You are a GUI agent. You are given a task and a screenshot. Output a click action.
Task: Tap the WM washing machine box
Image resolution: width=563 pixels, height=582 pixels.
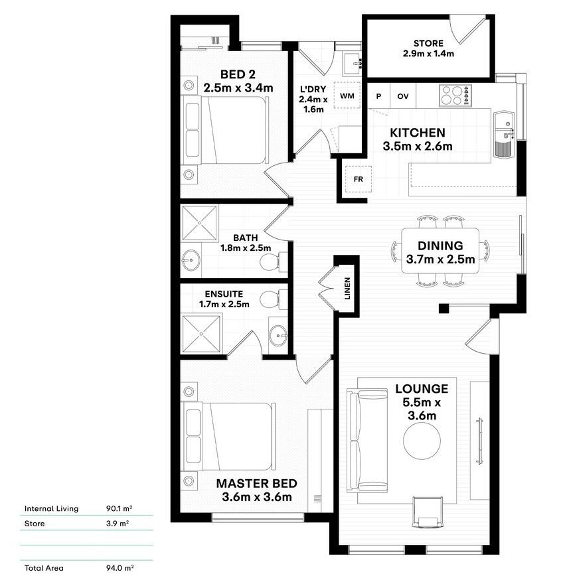pyautogui.click(x=347, y=96)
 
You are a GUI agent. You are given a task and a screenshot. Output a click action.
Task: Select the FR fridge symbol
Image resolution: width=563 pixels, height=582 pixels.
pyautogui.click(x=359, y=179)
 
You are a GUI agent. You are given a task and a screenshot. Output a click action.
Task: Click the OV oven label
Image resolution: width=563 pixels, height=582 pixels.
pyautogui.click(x=403, y=96)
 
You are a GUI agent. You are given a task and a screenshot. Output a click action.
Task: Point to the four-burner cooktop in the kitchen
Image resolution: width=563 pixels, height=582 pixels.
pyautogui.click(x=455, y=96)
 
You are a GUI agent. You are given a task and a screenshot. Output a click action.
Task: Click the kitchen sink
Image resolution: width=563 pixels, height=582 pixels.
pyautogui.click(x=504, y=134)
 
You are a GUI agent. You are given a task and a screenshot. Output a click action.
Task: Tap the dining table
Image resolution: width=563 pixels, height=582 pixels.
pyautogui.click(x=440, y=251)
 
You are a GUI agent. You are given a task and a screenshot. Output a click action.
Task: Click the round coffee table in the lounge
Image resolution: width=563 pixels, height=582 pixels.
pyautogui.click(x=422, y=441)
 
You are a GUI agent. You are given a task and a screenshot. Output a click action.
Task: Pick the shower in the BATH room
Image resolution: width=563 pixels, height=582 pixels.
pyautogui.click(x=199, y=223)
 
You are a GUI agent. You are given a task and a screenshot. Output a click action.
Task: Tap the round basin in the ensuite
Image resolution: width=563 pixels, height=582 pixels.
pyautogui.click(x=278, y=335)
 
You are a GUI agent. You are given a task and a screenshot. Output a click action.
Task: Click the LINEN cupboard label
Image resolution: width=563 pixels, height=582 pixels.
pyautogui.click(x=347, y=289)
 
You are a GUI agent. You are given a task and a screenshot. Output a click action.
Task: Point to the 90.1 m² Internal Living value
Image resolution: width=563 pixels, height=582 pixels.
pyautogui.click(x=120, y=508)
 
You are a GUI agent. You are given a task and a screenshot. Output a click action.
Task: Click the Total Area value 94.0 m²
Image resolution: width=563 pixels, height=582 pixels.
pyautogui.click(x=120, y=568)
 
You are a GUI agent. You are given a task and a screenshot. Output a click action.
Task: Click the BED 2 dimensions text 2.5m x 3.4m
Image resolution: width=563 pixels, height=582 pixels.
pyautogui.click(x=238, y=88)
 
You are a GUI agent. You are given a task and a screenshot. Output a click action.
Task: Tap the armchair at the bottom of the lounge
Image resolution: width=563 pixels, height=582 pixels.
pyautogui.click(x=428, y=512)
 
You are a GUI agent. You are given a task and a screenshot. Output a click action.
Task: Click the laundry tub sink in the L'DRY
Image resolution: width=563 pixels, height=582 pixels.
pyautogui.click(x=351, y=64)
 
